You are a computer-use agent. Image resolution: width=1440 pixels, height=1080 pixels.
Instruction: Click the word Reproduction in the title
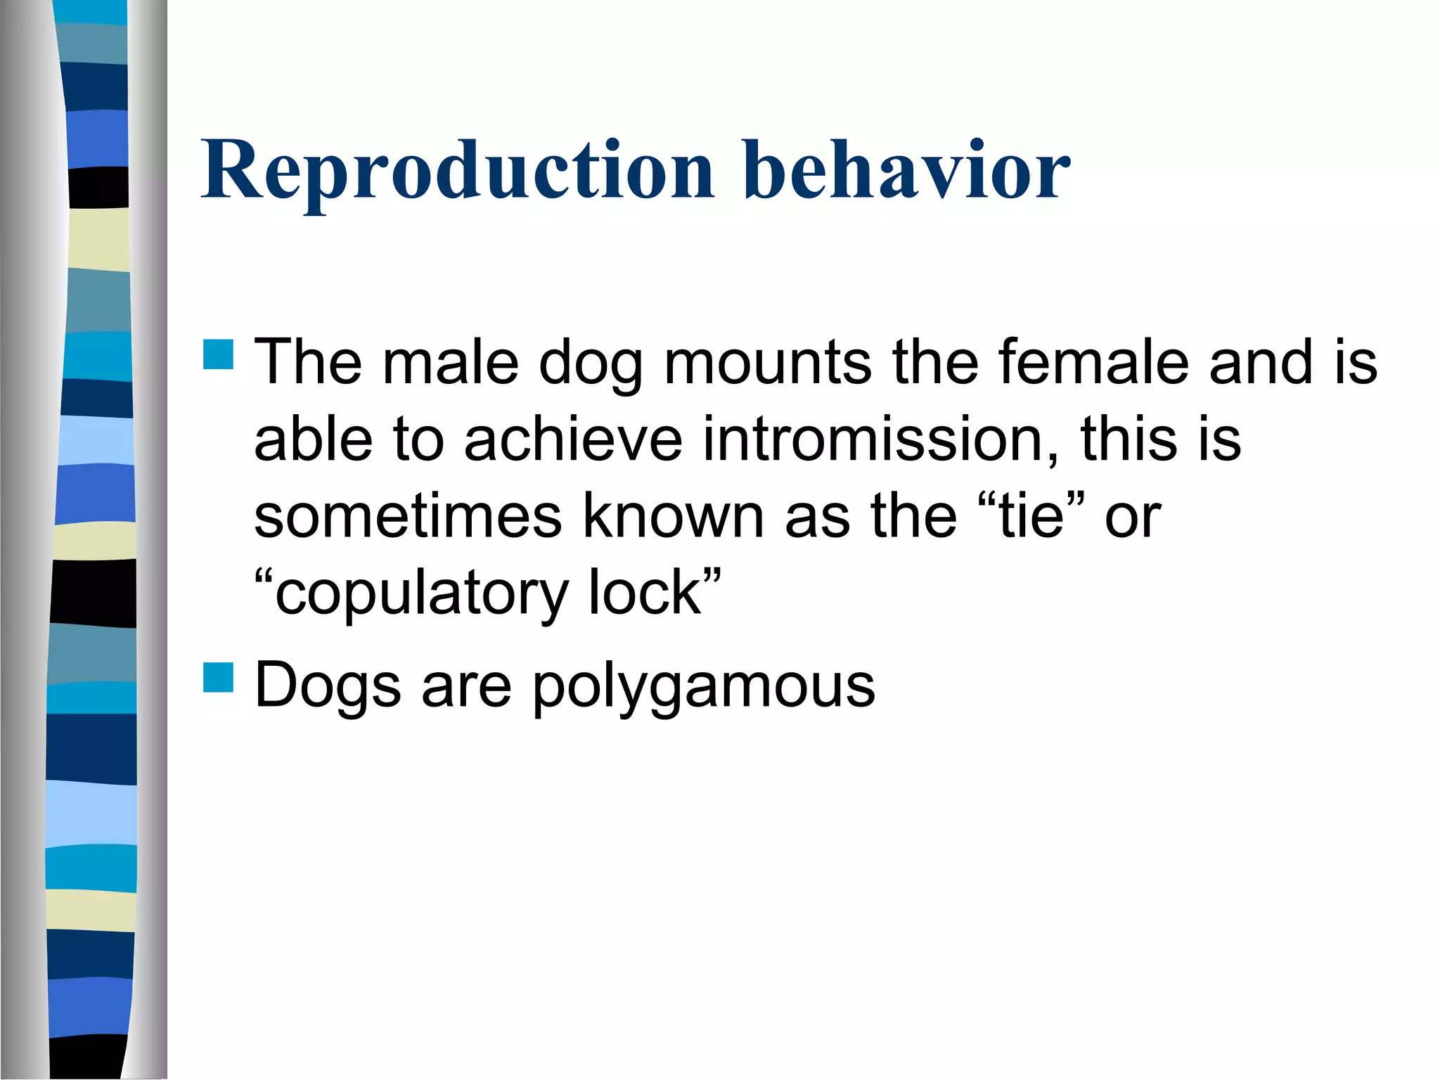(457, 171)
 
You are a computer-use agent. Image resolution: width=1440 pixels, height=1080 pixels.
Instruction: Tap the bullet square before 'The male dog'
(218, 354)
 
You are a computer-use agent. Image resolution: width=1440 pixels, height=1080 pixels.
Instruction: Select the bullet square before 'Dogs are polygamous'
(218, 678)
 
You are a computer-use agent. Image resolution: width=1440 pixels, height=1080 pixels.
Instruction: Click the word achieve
(573, 439)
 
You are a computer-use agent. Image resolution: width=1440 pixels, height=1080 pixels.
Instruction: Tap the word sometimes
(408, 517)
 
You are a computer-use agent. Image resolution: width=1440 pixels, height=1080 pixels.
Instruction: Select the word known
(673, 517)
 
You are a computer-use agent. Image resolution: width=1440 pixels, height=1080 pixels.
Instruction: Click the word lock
(644, 594)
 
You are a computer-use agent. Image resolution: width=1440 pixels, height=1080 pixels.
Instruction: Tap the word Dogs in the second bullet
(328, 686)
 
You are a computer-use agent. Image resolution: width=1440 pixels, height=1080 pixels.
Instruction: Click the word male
(450, 362)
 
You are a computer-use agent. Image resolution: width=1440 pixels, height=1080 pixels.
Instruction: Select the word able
(313, 439)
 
